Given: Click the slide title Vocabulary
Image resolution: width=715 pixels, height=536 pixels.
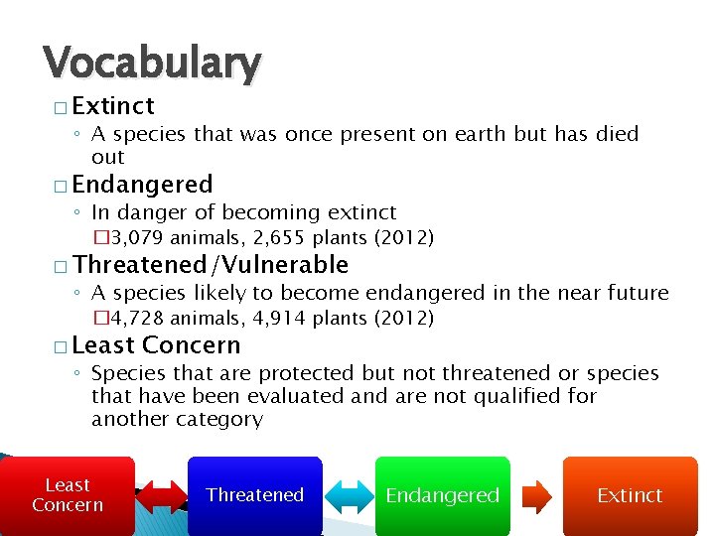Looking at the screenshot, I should click(x=152, y=64).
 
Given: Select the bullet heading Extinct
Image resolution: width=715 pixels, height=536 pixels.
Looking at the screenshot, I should click(x=113, y=105).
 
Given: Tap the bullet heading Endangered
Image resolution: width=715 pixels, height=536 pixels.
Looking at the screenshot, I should click(x=142, y=185).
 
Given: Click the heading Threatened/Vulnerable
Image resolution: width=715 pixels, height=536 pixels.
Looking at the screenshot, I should click(x=211, y=265).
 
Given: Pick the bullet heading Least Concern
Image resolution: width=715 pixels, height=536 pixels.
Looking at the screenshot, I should click(x=156, y=345).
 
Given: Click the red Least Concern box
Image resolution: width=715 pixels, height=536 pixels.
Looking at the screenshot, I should click(x=68, y=495).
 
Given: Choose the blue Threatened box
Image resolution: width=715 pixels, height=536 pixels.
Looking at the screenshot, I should click(x=255, y=495).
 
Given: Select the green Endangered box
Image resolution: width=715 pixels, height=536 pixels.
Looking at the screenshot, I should click(x=442, y=495).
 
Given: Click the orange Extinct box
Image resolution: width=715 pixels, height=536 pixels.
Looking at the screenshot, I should click(x=630, y=495).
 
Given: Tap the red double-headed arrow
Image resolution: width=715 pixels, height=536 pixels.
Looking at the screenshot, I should click(x=161, y=496).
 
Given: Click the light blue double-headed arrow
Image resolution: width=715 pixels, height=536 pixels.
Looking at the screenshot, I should click(x=349, y=496).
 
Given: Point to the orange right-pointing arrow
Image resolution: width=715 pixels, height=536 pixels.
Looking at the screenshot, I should click(x=535, y=496).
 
